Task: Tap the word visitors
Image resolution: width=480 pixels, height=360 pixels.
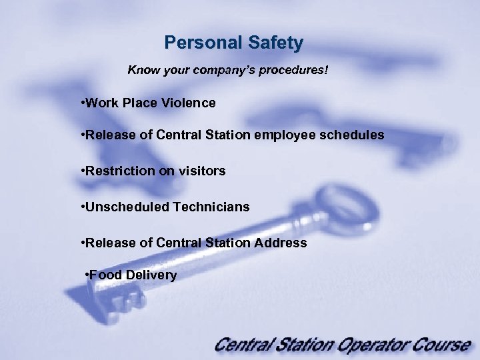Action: click(x=201, y=171)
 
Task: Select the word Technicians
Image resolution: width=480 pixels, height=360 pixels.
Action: click(x=211, y=207)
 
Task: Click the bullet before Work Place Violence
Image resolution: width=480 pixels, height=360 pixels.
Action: click(x=81, y=103)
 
